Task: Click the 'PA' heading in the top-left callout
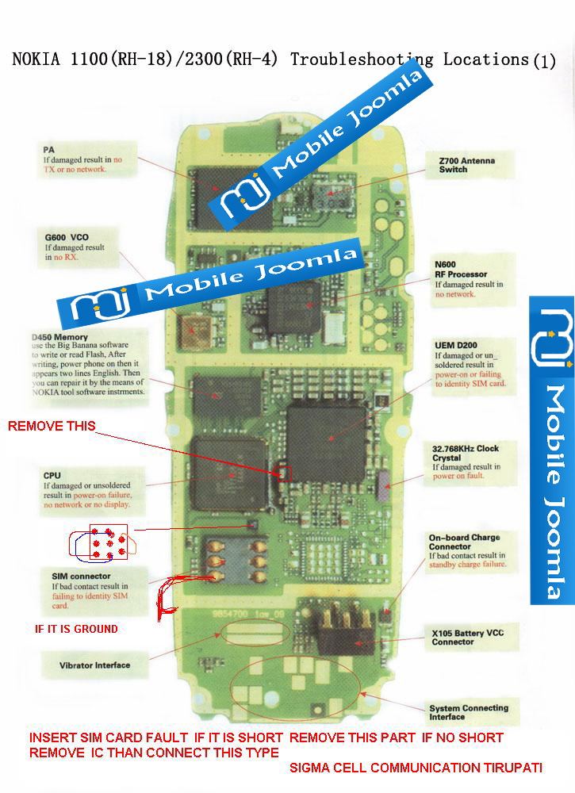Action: [48, 148]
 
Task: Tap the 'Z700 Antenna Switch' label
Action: [466, 165]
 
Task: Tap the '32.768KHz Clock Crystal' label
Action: [466, 453]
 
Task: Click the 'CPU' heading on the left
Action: [52, 475]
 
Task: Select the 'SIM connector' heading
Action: [76, 576]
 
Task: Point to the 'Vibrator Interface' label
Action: [94, 665]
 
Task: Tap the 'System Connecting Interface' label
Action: [469, 712]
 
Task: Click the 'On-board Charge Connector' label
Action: [464, 542]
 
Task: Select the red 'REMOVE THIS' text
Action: [52, 427]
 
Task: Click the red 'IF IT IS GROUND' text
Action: [76, 629]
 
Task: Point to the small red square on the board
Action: [285, 473]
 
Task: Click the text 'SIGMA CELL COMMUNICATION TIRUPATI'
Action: [416, 768]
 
